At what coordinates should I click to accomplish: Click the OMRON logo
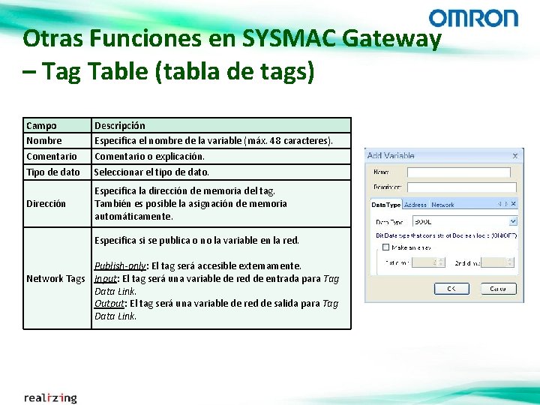tap(473, 18)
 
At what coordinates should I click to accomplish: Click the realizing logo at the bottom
tap(50, 397)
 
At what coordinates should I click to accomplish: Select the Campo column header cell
tap(41, 125)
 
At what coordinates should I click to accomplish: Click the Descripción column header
tap(119, 125)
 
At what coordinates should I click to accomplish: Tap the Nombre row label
tap(44, 140)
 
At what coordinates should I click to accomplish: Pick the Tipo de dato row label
tap(52, 172)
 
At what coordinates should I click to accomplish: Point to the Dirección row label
tap(46, 203)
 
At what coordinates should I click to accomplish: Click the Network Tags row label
tap(55, 278)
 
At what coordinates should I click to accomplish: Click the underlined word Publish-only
tap(121, 265)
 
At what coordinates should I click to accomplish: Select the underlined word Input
tap(106, 278)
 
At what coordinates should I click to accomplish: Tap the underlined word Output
tap(109, 303)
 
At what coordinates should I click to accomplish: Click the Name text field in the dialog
tap(463, 172)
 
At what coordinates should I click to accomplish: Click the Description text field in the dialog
tap(463, 187)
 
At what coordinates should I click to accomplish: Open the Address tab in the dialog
tap(415, 204)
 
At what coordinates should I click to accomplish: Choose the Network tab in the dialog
tap(442, 204)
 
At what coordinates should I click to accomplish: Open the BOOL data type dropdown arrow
tap(513, 221)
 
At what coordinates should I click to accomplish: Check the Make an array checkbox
tap(385, 247)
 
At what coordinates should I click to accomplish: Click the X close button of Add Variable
tap(514, 155)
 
